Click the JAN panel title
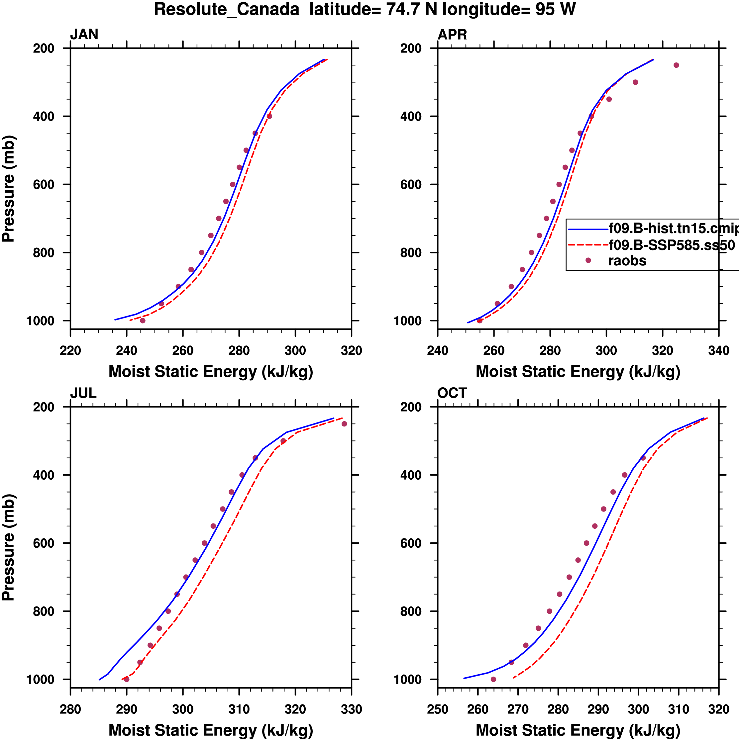[x=84, y=35]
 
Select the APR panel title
[x=452, y=35]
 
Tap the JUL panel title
[x=83, y=393]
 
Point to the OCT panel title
[x=452, y=393]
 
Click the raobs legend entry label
[x=627, y=261]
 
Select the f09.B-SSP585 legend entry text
[x=672, y=245]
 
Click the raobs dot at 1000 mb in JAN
[x=143, y=321]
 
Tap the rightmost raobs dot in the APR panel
[x=676, y=65]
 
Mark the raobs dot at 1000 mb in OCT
[x=493, y=679]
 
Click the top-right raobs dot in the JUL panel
[x=344, y=424]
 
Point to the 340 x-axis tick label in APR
[x=718, y=350]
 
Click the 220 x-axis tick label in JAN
[x=70, y=350]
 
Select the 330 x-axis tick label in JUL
[x=351, y=709]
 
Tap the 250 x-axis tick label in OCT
[x=438, y=709]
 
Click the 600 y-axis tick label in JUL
[x=43, y=543]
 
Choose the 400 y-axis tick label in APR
[x=411, y=116]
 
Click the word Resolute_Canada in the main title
[x=226, y=9]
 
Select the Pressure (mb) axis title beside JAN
[x=8, y=188]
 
